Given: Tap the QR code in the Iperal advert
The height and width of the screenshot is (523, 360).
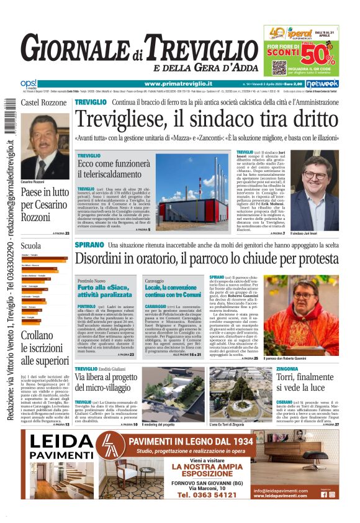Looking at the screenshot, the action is coord(278,66).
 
